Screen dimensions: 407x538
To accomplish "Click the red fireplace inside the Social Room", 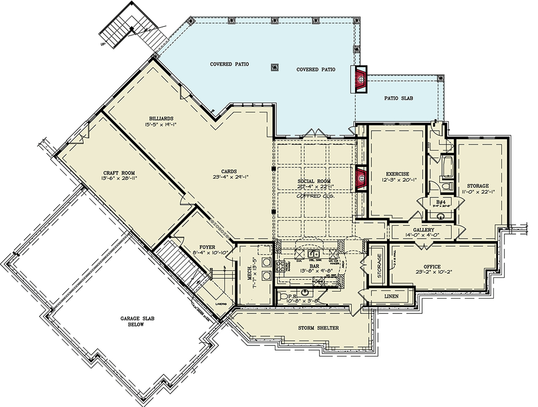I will [x=361, y=178].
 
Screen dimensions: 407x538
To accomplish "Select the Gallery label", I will [x=423, y=230].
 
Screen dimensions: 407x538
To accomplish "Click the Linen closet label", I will [x=392, y=296].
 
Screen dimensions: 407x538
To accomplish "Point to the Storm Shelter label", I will [x=318, y=328].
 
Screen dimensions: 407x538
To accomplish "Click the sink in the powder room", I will [x=304, y=293].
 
